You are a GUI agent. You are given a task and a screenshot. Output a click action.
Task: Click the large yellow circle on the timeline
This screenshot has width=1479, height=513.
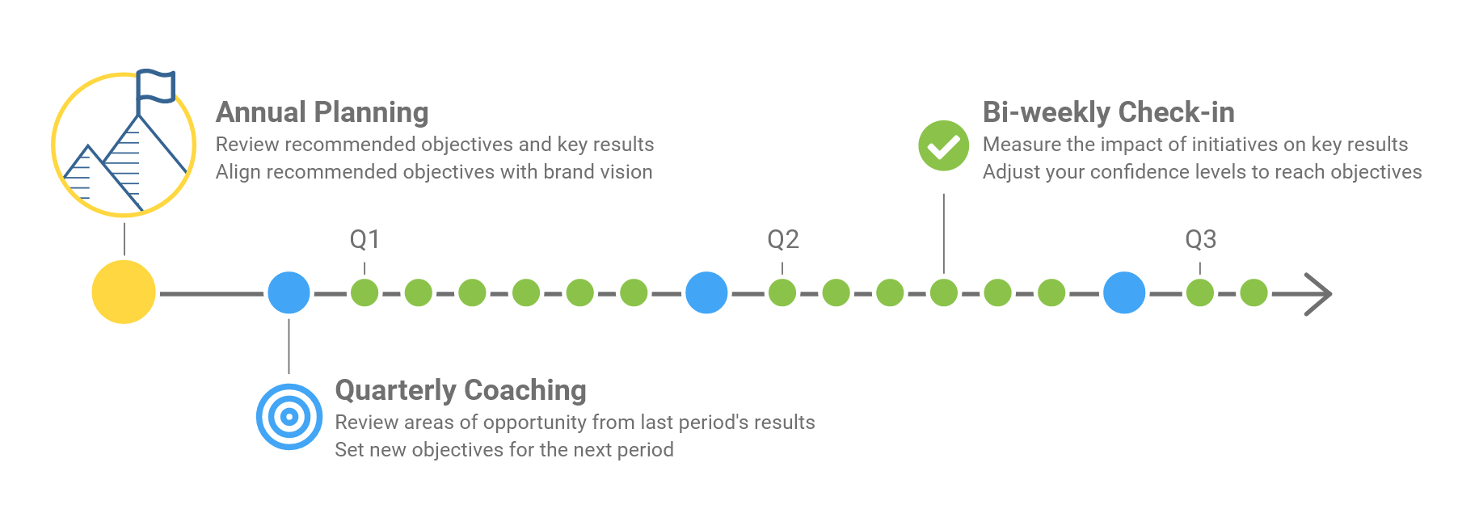click(124, 292)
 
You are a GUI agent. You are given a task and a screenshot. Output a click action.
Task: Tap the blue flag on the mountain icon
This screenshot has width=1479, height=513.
click(156, 86)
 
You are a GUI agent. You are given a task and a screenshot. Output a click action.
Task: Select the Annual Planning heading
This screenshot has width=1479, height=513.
click(322, 112)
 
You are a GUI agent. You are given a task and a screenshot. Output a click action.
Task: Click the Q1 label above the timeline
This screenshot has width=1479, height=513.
click(364, 239)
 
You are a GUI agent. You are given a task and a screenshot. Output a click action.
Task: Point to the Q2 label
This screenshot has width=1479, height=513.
click(782, 239)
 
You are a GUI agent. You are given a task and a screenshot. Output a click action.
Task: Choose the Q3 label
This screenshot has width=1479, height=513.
click(1200, 239)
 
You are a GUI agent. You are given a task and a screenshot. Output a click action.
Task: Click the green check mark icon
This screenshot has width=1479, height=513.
click(943, 146)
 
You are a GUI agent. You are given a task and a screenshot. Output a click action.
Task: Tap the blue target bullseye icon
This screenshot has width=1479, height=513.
click(289, 417)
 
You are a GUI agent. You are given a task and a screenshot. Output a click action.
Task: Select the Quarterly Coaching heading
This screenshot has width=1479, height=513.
click(461, 390)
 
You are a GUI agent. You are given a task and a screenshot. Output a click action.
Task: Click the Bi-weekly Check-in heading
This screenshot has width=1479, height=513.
click(1108, 112)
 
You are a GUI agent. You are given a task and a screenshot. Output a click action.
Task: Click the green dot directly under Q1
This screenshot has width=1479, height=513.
click(364, 292)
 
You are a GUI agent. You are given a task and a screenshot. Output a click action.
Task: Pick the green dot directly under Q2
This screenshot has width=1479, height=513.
click(782, 292)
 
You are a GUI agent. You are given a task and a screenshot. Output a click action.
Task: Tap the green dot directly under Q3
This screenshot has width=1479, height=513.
click(1200, 292)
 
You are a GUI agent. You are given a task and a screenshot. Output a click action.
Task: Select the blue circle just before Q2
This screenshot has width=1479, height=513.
click(706, 292)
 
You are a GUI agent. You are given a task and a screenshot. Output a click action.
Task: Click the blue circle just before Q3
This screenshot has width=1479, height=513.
click(1124, 292)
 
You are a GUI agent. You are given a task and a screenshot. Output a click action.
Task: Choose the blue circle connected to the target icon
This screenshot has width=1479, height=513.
click(289, 292)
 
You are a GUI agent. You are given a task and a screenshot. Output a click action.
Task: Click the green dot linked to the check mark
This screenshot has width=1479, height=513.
click(943, 292)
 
